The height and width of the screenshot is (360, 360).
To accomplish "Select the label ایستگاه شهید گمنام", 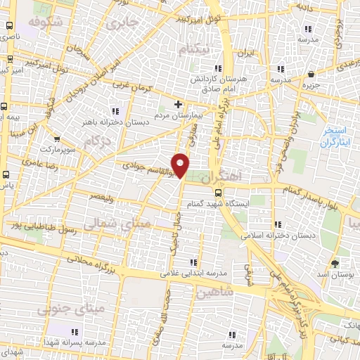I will point(217,204).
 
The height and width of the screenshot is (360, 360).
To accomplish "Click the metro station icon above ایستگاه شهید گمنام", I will point(217,192).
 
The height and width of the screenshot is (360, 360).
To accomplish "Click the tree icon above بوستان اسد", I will point(335,264).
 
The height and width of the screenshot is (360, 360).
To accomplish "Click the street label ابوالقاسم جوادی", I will point(144,165).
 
